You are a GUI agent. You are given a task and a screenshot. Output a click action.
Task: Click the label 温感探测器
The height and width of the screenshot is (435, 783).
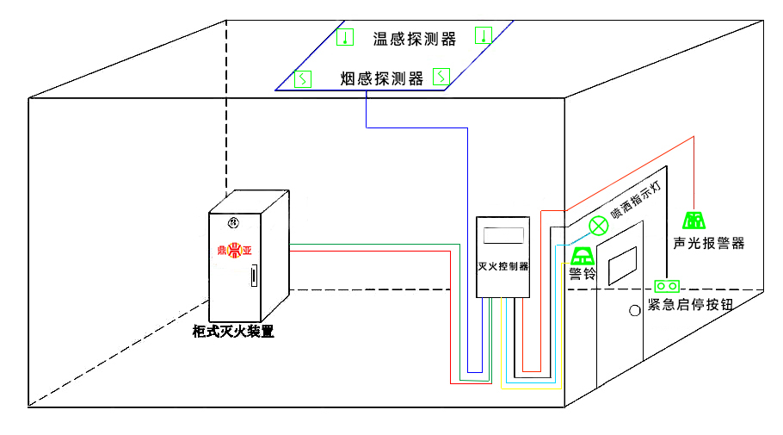point(413,38)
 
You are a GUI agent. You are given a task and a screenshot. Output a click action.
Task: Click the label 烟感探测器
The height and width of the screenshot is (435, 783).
point(381,79)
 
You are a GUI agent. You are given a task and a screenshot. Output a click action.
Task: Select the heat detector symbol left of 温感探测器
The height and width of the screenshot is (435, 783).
point(344,37)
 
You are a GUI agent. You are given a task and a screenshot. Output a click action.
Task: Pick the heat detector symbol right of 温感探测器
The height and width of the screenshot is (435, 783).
point(484,36)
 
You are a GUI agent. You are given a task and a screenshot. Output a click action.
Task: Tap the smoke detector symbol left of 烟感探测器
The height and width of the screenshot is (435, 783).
point(302,79)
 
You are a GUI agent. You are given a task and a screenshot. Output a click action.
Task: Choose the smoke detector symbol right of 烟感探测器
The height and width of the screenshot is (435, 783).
point(441,78)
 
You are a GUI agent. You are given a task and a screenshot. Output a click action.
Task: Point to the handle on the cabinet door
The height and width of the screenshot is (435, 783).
point(253,277)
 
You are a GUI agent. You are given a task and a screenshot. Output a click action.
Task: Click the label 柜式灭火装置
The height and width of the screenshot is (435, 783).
point(233,331)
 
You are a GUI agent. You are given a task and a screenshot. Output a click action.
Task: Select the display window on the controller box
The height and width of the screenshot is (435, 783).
point(502,234)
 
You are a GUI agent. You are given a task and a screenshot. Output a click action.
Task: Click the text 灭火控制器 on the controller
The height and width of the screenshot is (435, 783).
point(502,266)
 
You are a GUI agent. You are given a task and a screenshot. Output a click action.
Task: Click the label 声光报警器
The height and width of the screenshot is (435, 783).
point(708,243)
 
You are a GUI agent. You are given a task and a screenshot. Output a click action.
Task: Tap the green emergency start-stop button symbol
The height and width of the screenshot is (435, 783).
point(667,285)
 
